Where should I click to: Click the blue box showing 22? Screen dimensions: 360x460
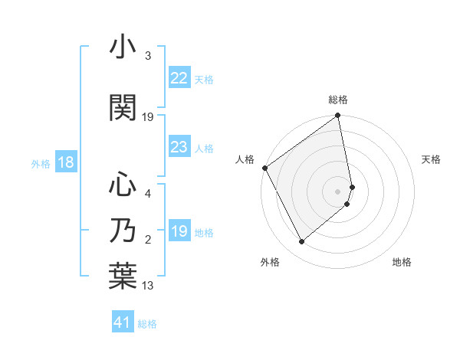[x=179, y=78]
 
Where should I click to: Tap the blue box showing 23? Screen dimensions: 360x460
[x=179, y=148]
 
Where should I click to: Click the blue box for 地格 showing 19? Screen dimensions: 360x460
[x=179, y=232]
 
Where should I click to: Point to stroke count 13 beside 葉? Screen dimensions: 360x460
[x=149, y=286]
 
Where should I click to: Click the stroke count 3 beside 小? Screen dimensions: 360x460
[x=148, y=56]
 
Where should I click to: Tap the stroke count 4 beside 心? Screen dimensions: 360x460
[x=148, y=194]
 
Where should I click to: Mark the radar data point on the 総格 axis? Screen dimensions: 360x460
[x=337, y=116]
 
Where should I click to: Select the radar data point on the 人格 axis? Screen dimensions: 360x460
[x=264, y=168]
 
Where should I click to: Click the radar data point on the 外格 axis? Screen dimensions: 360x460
[x=301, y=241]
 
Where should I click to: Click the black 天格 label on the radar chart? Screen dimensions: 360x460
[x=432, y=159]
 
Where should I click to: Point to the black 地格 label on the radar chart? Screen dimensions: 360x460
[x=402, y=262]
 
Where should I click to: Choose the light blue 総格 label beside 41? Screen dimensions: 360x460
[x=147, y=324]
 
